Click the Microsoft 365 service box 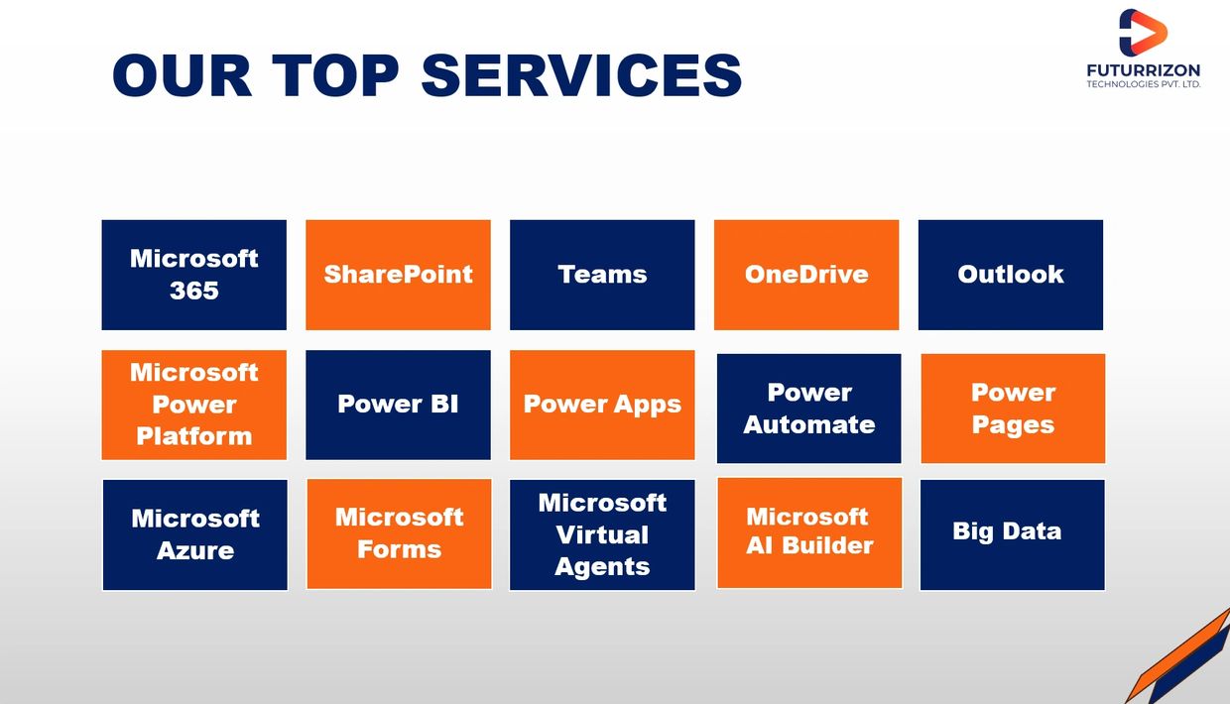[x=193, y=275]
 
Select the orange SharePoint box [x=398, y=275]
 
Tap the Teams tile [x=602, y=275]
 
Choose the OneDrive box [x=806, y=275]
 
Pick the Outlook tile [x=1011, y=275]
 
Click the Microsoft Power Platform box [x=193, y=405]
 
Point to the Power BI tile [x=398, y=405]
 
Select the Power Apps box [x=602, y=405]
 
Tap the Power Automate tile [x=808, y=409]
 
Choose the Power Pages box [x=1013, y=409]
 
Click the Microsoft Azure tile [x=195, y=535]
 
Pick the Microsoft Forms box [x=399, y=533]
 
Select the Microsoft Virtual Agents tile [x=602, y=535]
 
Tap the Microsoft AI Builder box [x=809, y=532]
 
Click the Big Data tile [x=1013, y=535]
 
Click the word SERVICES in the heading [x=582, y=75]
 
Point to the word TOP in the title [x=335, y=75]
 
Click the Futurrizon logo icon [x=1143, y=32]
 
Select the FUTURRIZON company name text [x=1144, y=70]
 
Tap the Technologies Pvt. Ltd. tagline [x=1144, y=84]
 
